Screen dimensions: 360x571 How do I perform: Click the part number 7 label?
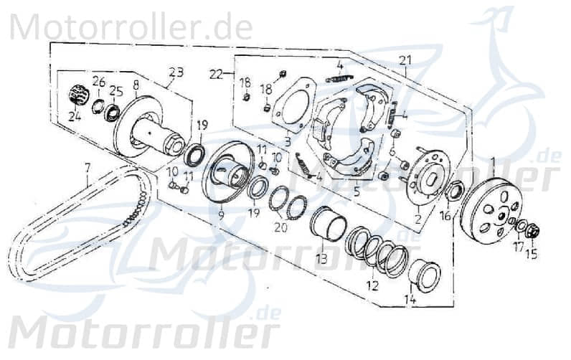pyautogui.click(x=86, y=169)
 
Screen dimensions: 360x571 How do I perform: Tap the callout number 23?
pyautogui.click(x=176, y=72)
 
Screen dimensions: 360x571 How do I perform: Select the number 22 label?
pyautogui.click(x=216, y=72)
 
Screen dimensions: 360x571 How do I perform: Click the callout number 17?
pyautogui.click(x=518, y=247)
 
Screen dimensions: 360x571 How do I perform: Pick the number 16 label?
pyautogui.click(x=445, y=214)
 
